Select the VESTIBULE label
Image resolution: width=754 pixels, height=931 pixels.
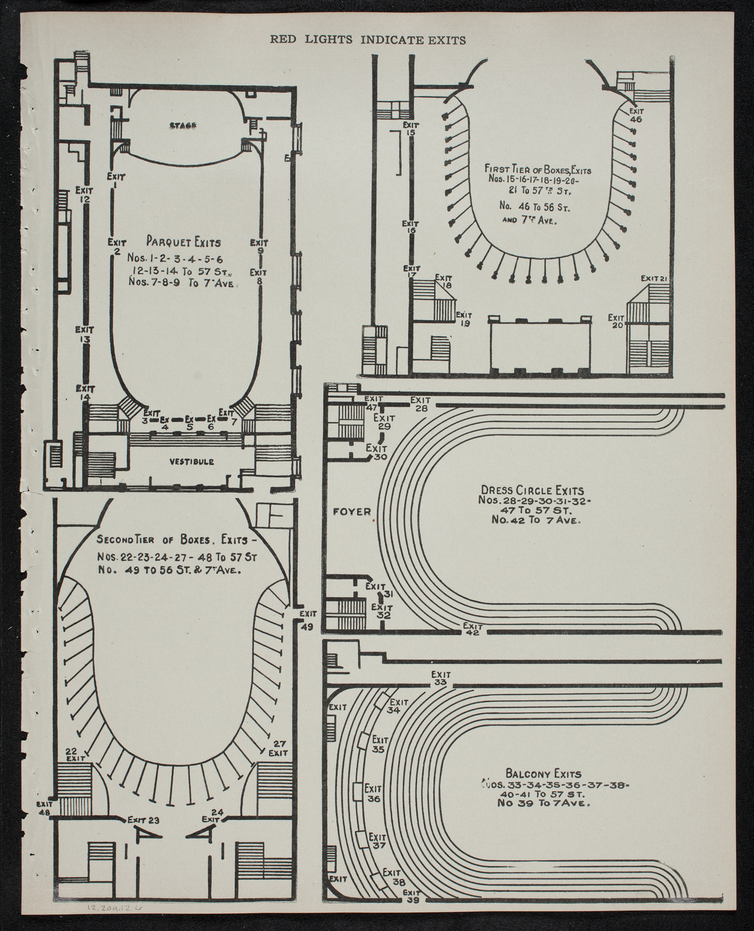coord(191,462)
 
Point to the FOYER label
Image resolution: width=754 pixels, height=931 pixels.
coord(351,512)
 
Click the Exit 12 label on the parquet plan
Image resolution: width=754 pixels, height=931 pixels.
coord(84,194)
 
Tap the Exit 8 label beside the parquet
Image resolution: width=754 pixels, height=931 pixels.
coord(258,276)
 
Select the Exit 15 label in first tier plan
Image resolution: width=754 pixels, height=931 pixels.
coord(410,129)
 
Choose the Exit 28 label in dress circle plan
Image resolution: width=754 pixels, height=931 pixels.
coord(420,403)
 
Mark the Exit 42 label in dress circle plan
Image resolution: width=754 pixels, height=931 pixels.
coord(473,629)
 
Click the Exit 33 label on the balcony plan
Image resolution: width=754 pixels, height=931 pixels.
coord(440,678)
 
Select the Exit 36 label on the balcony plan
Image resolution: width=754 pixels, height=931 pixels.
coord(373,795)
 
